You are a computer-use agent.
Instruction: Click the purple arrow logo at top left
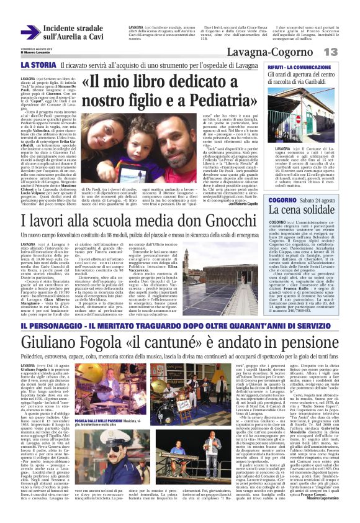[29, 32]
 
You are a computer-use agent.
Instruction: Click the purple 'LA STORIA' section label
[38, 65]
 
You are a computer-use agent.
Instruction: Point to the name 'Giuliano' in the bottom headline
[48, 343]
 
